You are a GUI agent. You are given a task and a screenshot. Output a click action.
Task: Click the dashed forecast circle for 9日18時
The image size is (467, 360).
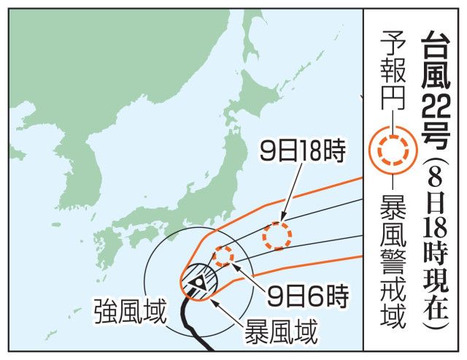[x=277, y=235]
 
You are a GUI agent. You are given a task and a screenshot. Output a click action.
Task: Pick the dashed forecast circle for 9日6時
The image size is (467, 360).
[x=223, y=256]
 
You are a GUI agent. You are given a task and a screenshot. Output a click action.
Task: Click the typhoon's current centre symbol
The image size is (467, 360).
[x=198, y=280]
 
